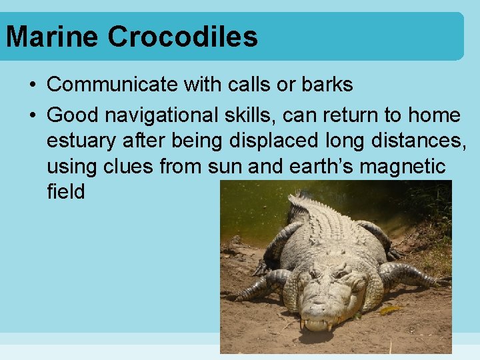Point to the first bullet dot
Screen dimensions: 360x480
click(x=33, y=85)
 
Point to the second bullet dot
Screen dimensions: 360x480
click(x=33, y=116)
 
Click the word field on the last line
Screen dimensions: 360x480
click(x=66, y=192)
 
